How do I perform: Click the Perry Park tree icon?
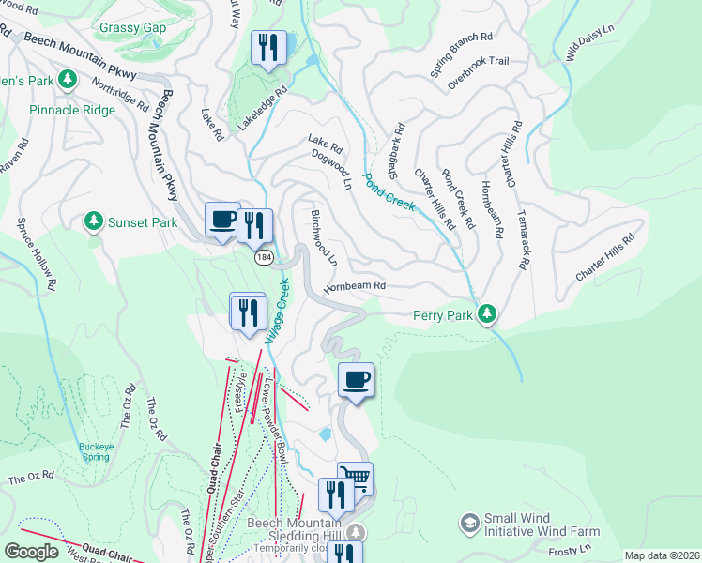pyautogui.click(x=486, y=313)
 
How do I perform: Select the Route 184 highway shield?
pyautogui.click(x=262, y=256)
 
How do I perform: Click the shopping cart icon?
pyautogui.click(x=355, y=478)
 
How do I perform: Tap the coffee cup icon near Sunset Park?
pyautogui.click(x=222, y=220)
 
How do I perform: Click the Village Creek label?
pyautogui.click(x=278, y=310)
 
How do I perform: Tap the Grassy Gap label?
pyautogui.click(x=132, y=28)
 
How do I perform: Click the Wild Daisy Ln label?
pyautogui.click(x=588, y=41)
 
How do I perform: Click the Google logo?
pyautogui.click(x=31, y=552)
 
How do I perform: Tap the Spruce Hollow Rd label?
pyautogui.click(x=36, y=254)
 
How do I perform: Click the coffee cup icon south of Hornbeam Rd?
pyautogui.click(x=356, y=380)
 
